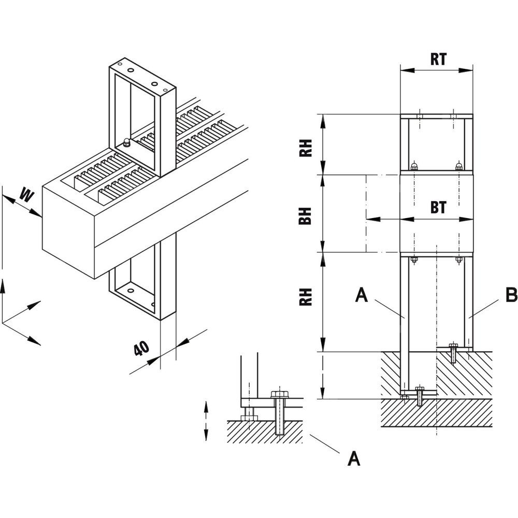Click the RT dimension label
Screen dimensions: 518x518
[x=439, y=60]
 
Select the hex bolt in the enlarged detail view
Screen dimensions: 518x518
[x=280, y=409]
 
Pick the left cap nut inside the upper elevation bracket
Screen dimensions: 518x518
[x=414, y=166]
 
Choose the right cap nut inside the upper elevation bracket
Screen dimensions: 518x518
[x=458, y=166]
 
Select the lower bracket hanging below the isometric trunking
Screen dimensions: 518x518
[x=142, y=287]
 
